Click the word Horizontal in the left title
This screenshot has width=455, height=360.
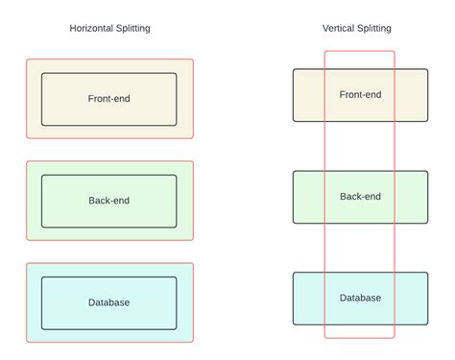[x=91, y=28]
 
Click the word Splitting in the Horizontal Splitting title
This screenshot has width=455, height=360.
[x=133, y=29]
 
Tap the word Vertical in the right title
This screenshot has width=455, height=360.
[x=338, y=28]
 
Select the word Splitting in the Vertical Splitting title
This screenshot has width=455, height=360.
[x=374, y=29]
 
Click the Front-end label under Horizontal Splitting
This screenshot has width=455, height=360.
[x=108, y=98]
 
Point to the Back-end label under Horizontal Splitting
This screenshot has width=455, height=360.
[x=108, y=201]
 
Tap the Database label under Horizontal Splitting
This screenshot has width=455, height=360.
[x=108, y=302]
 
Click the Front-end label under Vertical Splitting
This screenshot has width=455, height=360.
[x=360, y=94]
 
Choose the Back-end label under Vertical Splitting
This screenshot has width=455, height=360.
[x=360, y=196]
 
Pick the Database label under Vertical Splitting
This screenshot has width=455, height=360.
[x=360, y=298]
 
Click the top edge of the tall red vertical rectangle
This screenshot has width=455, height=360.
[x=360, y=51]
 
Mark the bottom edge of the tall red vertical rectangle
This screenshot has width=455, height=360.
[x=360, y=337]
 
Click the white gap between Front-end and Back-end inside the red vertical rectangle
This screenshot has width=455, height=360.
[x=360, y=146]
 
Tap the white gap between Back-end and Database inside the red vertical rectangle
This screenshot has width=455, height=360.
[x=360, y=248]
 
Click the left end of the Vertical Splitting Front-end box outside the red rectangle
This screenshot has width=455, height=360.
[x=309, y=95]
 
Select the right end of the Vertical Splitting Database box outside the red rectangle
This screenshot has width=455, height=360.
[x=412, y=299]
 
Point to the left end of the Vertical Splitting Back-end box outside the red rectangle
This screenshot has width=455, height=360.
[x=309, y=197]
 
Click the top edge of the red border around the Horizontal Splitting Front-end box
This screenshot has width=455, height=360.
[x=109, y=60]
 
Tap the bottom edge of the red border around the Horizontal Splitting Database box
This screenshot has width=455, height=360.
[x=109, y=342]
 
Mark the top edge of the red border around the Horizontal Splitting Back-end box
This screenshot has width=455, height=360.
[x=109, y=161]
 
